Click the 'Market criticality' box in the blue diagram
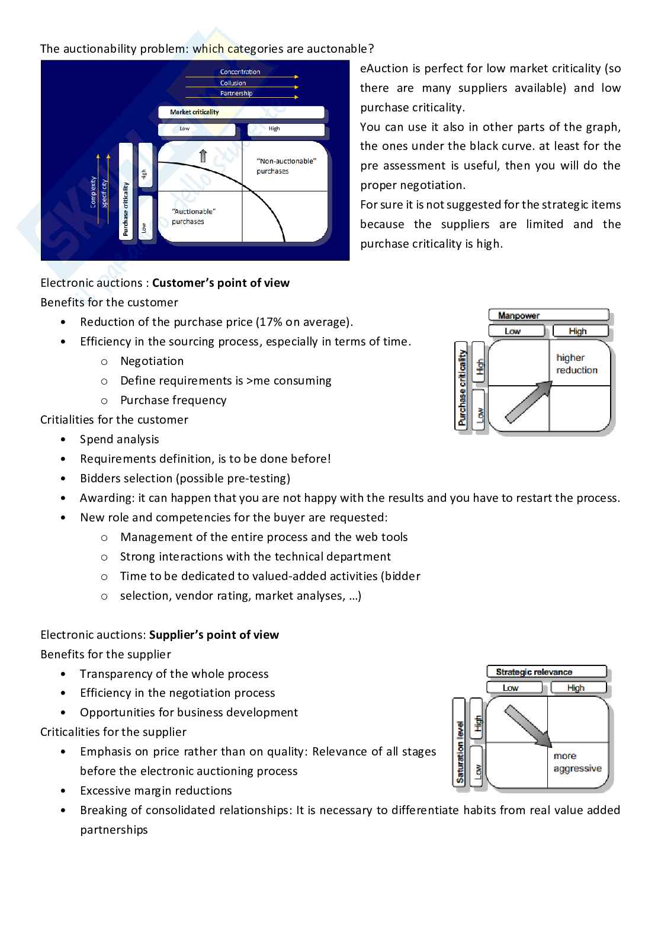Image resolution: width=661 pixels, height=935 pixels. (x=241, y=112)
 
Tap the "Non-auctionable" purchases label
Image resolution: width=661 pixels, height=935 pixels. (x=286, y=166)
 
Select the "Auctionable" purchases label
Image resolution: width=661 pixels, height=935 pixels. (x=194, y=216)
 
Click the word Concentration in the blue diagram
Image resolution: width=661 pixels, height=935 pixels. (x=240, y=72)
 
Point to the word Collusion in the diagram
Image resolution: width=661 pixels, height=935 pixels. (x=233, y=83)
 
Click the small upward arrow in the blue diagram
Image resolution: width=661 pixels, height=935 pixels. (x=203, y=156)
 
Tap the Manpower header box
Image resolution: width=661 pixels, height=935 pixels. (x=548, y=315)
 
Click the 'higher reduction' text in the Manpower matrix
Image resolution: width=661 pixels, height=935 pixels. (x=577, y=364)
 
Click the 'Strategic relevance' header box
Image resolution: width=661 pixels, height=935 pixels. (x=547, y=672)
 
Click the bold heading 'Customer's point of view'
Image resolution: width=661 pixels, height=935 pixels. (x=221, y=283)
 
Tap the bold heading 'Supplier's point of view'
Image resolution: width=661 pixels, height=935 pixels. (x=214, y=635)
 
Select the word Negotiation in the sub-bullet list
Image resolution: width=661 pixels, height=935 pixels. (x=152, y=361)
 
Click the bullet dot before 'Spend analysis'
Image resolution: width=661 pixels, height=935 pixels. (x=63, y=439)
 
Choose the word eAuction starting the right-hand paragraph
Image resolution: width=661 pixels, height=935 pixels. (x=384, y=68)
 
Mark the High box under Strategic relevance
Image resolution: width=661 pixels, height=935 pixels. (x=578, y=687)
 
